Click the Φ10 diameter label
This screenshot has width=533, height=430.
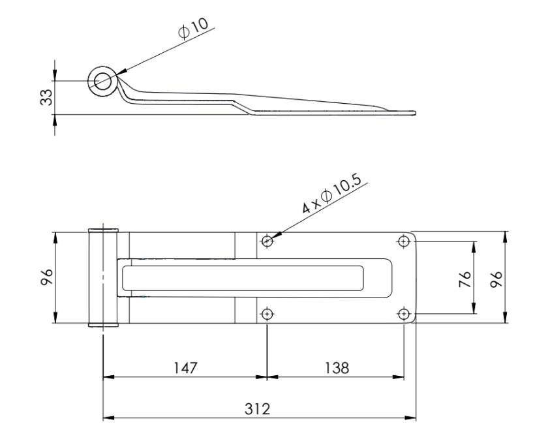[x=192, y=28]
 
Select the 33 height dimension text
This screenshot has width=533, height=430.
[x=46, y=97]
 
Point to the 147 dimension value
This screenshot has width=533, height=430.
[x=185, y=368]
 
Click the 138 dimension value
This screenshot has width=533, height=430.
[x=337, y=368]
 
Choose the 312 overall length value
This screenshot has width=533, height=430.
[x=257, y=409]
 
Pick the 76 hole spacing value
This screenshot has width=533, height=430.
[x=464, y=279]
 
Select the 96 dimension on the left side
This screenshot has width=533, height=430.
[x=46, y=277]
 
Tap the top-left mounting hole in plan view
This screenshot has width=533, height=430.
[x=267, y=241]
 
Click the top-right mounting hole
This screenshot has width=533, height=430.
[x=403, y=241]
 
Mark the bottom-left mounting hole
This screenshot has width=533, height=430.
[x=267, y=313]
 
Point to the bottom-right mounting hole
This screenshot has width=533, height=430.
[x=403, y=313]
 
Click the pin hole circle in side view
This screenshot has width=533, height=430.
[x=102, y=81]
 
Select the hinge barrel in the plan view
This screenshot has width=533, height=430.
[x=103, y=278]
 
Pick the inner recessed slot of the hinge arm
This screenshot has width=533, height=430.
[x=243, y=278]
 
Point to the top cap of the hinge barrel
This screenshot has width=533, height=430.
[x=103, y=230]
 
